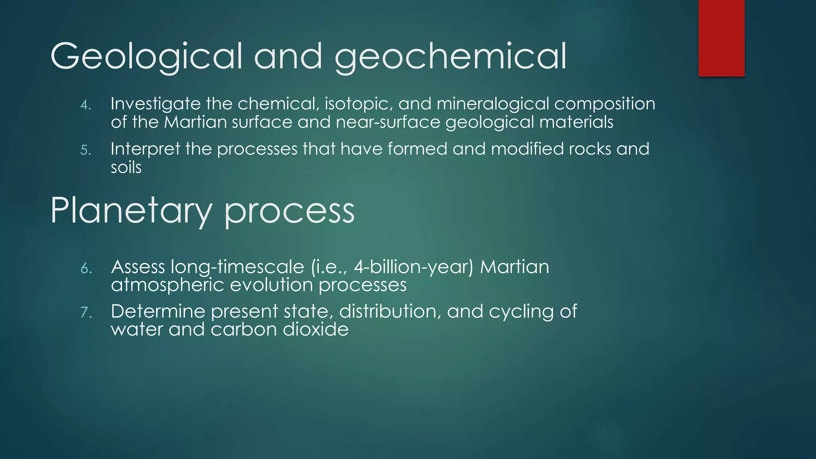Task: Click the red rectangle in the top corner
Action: [721, 38]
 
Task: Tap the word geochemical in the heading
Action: [450, 57]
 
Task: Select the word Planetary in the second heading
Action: [130, 210]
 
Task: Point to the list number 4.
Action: [86, 105]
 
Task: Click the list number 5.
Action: [86, 150]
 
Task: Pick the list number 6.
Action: [86, 269]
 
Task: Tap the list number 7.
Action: [86, 312]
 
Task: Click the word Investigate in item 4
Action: [155, 104]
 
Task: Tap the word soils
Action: [126, 167]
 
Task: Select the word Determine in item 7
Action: [158, 311]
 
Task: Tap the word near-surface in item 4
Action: [388, 122]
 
